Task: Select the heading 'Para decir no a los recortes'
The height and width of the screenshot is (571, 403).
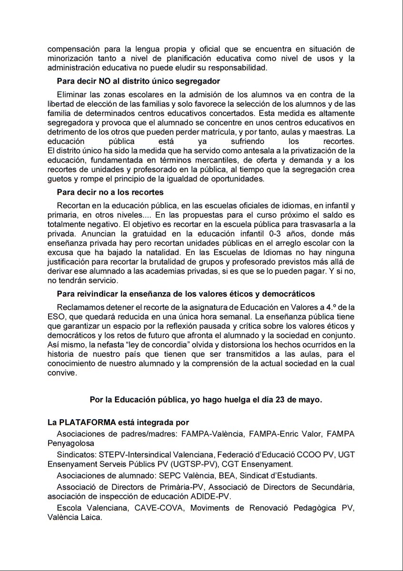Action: tap(110, 192)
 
